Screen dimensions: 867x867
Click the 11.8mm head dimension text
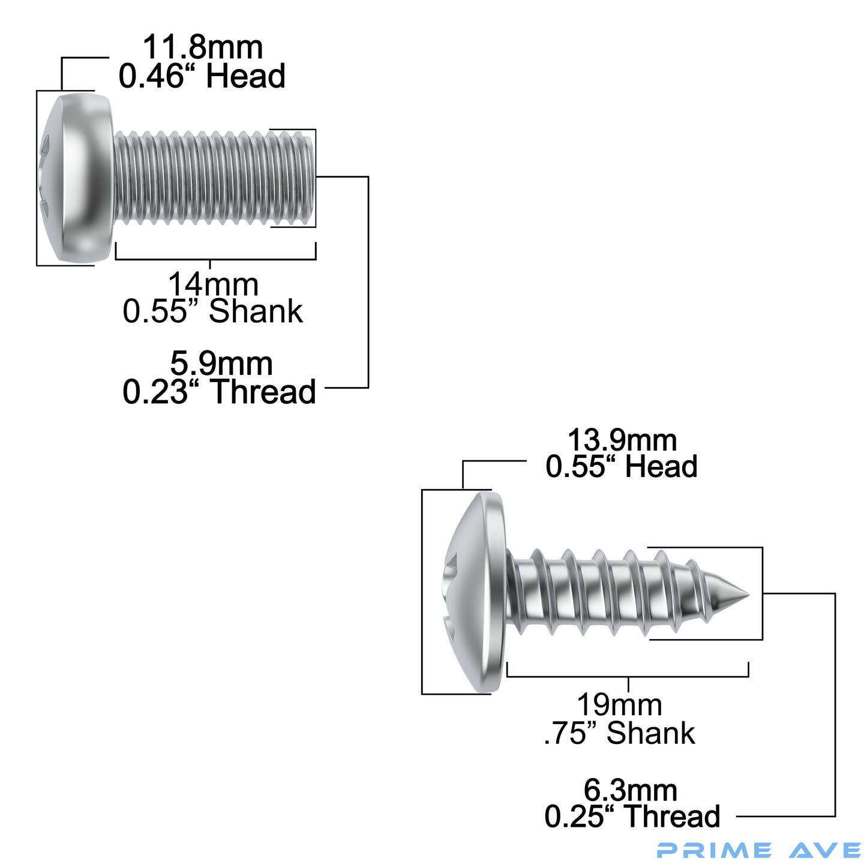[203, 48]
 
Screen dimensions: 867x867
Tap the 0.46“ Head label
[202, 77]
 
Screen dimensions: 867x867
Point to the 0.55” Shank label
[212, 311]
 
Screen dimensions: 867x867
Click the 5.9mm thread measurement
[221, 364]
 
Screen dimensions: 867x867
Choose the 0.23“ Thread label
[219, 392]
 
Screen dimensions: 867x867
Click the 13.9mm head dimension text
[622, 440]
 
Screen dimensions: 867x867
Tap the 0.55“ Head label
[622, 467]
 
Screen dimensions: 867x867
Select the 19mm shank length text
[619, 705]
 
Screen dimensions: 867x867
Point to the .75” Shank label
[619, 733]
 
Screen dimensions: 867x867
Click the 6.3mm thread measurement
[630, 790]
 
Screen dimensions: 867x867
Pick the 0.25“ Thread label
[632, 817]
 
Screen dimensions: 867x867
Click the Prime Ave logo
[758, 850]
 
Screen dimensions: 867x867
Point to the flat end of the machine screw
[311, 178]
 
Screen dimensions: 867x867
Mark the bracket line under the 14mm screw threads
[215, 259]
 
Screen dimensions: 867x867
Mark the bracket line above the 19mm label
[628, 676]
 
